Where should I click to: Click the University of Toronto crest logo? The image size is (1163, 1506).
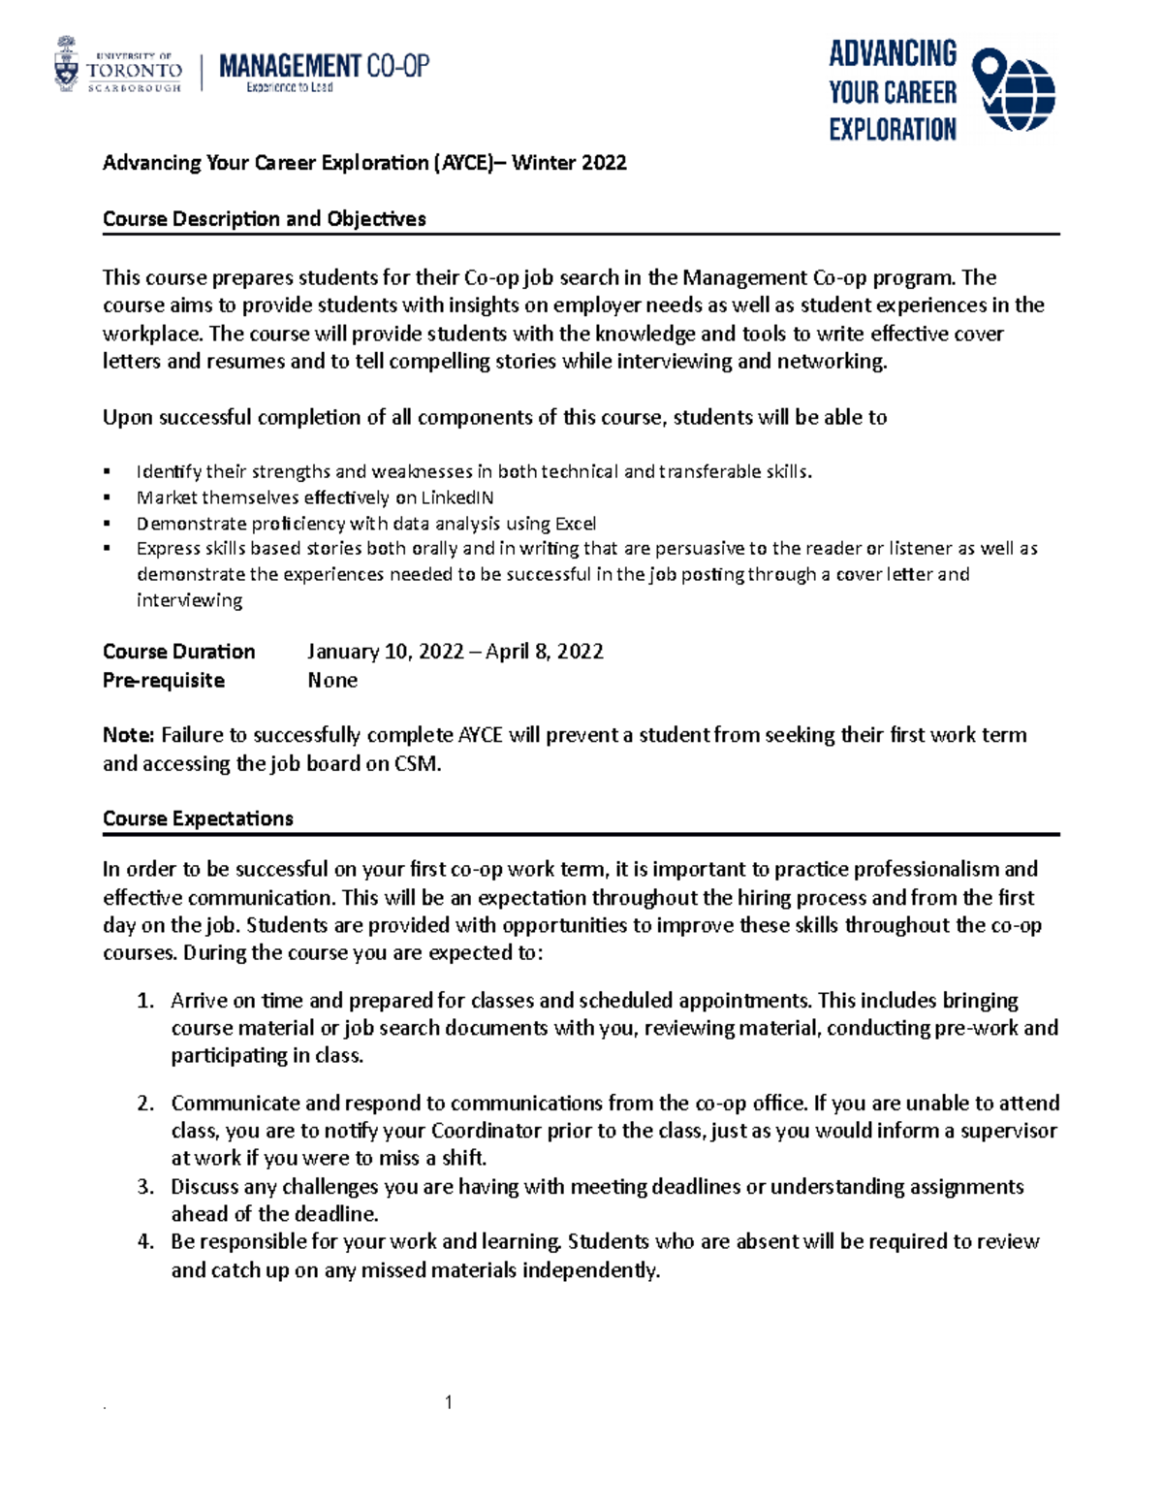coord(67,65)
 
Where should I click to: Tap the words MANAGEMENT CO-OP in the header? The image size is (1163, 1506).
coord(324,66)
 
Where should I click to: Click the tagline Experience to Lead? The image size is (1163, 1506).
coord(289,87)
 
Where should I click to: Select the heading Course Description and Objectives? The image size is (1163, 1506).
coord(264,219)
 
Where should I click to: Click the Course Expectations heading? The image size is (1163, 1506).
coord(198,818)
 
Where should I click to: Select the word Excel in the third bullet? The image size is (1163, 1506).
coord(575,524)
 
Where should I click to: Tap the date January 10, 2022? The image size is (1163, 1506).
coord(385,652)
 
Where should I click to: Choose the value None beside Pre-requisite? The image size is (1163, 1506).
coord(332,681)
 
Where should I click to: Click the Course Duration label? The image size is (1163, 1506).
coord(179,652)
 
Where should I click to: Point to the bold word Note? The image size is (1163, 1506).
coord(129,735)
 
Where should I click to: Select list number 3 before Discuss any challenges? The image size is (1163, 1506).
coord(145,1187)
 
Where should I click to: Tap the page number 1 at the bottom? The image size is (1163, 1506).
coord(449,1402)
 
